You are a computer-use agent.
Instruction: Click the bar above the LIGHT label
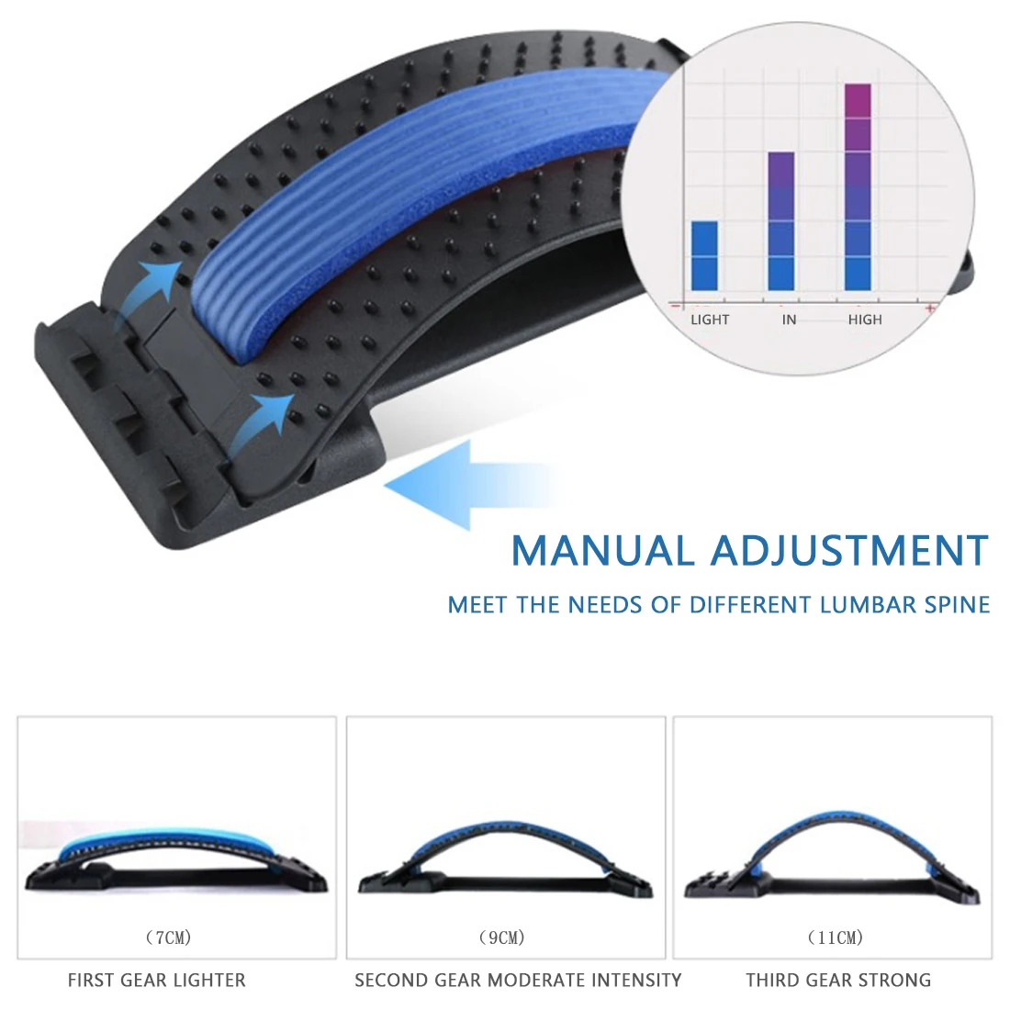(x=704, y=255)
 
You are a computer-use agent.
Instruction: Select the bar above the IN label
(x=780, y=220)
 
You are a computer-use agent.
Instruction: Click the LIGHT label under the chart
(x=710, y=320)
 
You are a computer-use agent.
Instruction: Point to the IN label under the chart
(x=789, y=320)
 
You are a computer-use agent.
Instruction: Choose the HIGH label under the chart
(x=865, y=320)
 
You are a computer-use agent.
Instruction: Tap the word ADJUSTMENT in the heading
(x=849, y=551)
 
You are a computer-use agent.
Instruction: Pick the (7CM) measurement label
(x=169, y=937)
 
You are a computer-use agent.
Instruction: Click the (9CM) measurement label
(x=502, y=937)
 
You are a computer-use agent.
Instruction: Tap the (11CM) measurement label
(x=836, y=937)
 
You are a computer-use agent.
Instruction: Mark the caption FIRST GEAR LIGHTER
(x=157, y=981)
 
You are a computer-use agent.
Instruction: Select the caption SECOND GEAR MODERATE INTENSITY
(x=518, y=981)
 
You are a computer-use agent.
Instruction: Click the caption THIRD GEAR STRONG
(x=838, y=981)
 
